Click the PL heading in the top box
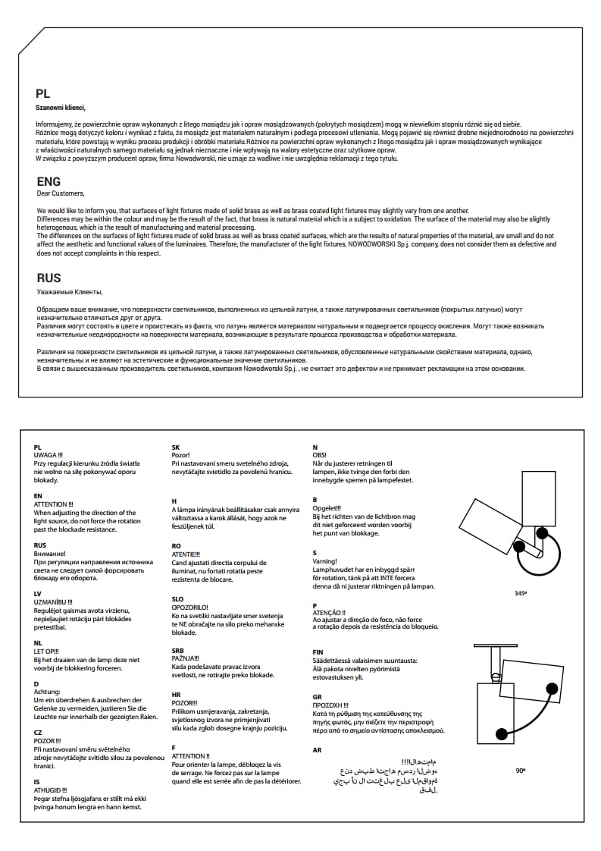[43, 94]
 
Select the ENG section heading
[49, 182]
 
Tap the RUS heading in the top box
[49, 278]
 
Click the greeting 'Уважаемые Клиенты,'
[69, 291]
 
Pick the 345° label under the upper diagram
[520, 593]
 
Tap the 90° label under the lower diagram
[520, 770]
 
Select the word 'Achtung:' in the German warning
[48, 691]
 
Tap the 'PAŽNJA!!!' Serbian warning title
[186, 658]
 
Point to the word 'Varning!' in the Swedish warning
[324, 562]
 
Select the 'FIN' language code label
[318, 652]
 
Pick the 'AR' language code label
[317, 749]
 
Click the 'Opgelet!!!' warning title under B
[327, 508]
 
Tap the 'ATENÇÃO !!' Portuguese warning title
[329, 613]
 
